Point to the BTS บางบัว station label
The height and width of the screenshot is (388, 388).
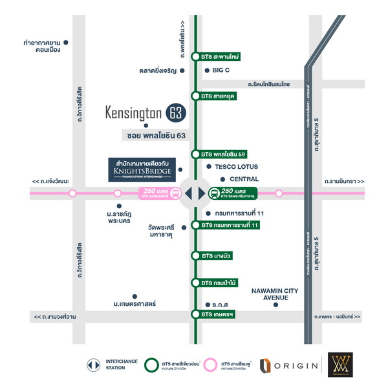click(216, 256)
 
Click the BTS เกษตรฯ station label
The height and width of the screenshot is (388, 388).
click(216, 314)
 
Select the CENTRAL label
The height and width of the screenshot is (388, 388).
click(243, 179)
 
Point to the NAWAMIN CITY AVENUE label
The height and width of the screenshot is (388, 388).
click(274, 294)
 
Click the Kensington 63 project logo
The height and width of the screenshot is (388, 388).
click(145, 113)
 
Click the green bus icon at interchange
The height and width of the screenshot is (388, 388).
click(214, 193)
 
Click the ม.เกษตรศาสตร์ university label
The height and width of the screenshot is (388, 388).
click(136, 303)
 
